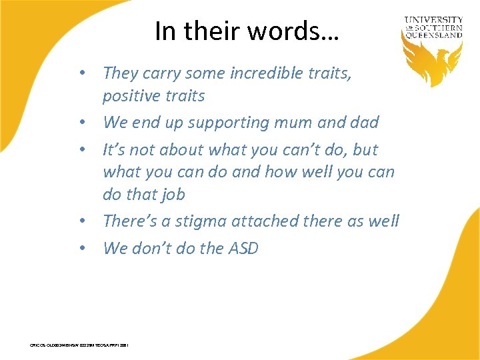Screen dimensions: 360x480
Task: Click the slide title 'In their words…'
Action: click(247, 31)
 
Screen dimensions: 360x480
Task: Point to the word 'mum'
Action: click(301, 123)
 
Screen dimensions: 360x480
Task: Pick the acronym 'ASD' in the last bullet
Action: click(243, 249)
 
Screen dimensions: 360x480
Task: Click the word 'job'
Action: click(171, 195)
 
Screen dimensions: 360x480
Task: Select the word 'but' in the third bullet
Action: click(365, 149)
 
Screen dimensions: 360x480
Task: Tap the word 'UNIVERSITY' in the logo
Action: click(434, 20)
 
